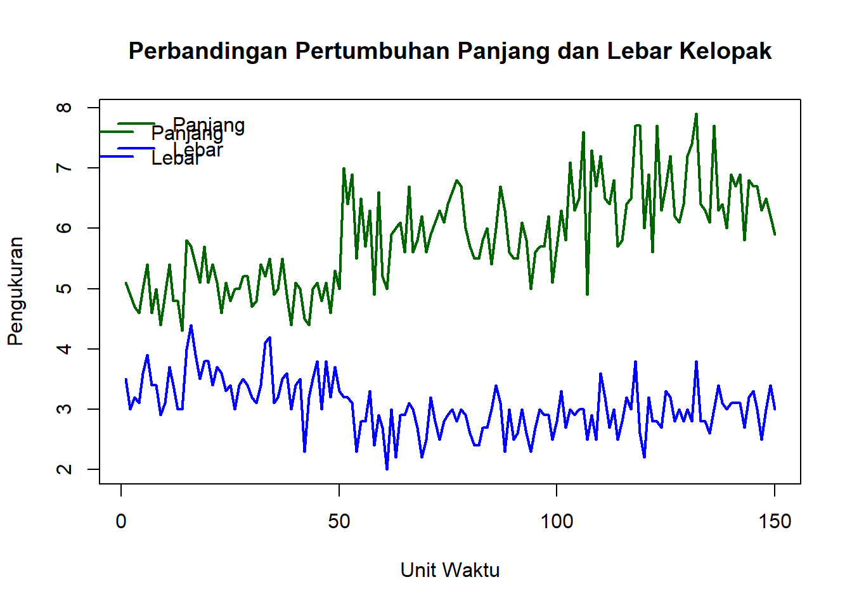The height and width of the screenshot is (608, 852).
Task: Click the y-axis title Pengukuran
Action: pyautogui.click(x=15, y=291)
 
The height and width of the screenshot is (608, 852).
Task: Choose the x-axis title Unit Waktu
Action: pyautogui.click(x=450, y=570)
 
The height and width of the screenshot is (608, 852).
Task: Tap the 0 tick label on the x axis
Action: pyautogui.click(x=121, y=522)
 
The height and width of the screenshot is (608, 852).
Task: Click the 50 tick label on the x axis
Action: pyautogui.click(x=339, y=522)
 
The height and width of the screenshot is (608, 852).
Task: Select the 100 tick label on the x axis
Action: pyautogui.click(x=557, y=522)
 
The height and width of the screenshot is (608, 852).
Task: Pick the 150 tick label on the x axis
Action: pyautogui.click(x=775, y=522)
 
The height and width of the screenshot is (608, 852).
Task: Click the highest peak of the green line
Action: pyautogui.click(x=696, y=114)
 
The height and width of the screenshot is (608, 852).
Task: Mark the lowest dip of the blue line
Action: pyautogui.click(x=387, y=469)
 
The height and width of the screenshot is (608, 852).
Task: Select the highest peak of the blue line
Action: pyautogui.click(x=191, y=326)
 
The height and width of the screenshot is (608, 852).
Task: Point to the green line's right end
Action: pyautogui.click(x=775, y=234)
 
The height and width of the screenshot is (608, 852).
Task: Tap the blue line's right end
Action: pyautogui.click(x=775, y=409)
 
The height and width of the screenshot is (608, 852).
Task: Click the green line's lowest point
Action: pyautogui.click(x=182, y=331)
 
